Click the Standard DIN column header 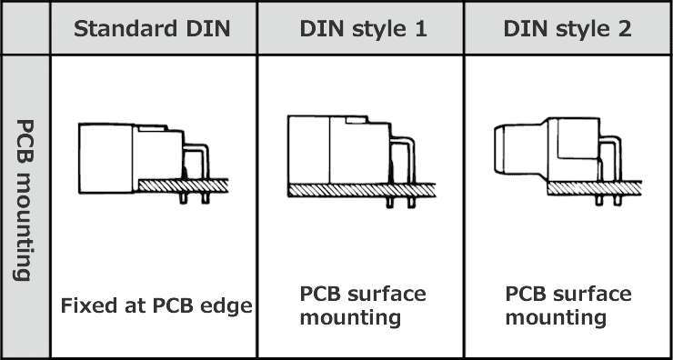pyautogui.click(x=153, y=29)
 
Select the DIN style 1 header pyautogui.click(x=363, y=29)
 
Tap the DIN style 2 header pyautogui.click(x=568, y=29)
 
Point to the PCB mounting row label pyautogui.click(x=25, y=200)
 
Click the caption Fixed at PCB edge pyautogui.click(x=156, y=305)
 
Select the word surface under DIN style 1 pyautogui.click(x=387, y=294)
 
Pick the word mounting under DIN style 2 pyautogui.click(x=556, y=318)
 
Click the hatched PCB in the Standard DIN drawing pyautogui.click(x=184, y=185)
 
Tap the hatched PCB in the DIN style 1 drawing pyautogui.click(x=362, y=190)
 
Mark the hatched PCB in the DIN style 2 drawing pyautogui.click(x=595, y=188)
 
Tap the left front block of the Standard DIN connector pyautogui.click(x=105, y=158)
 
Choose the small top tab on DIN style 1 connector pyautogui.click(x=357, y=120)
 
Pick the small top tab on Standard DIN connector pyautogui.click(x=153, y=128)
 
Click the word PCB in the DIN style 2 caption pyautogui.click(x=526, y=294)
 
